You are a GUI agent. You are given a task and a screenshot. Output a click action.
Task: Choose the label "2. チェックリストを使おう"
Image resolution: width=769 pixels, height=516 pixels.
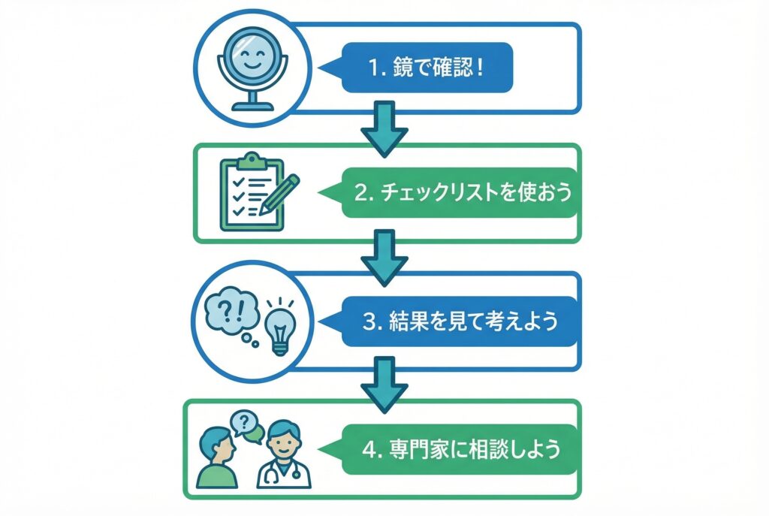pyautogui.click(x=460, y=193)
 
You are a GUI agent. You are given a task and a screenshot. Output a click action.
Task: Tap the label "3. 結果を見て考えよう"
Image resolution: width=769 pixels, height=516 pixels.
pyautogui.click(x=460, y=321)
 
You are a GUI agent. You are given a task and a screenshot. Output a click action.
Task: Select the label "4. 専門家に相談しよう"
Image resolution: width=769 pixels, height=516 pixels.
pyautogui.click(x=460, y=449)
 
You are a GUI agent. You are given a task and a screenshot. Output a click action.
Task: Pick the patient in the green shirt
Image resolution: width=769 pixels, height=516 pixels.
pyautogui.click(x=217, y=458)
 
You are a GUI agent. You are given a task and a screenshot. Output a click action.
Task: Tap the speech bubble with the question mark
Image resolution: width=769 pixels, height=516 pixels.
pyautogui.click(x=242, y=422)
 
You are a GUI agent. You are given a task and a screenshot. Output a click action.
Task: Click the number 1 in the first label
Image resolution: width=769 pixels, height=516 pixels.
pyautogui.click(x=373, y=68)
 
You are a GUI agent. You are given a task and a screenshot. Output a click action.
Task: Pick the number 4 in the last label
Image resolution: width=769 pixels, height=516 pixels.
pyautogui.click(x=368, y=450)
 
